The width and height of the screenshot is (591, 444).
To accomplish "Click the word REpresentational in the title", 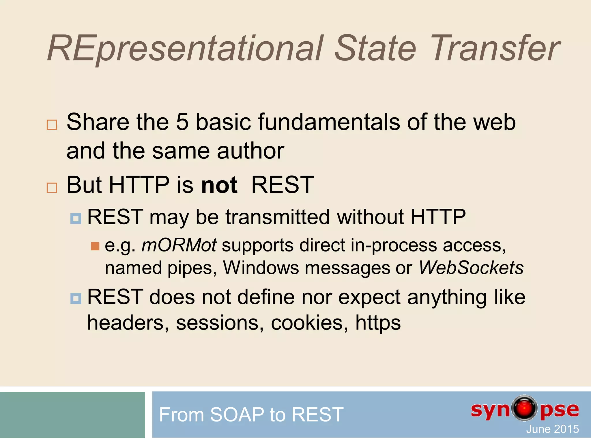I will pyautogui.click(x=185, y=49).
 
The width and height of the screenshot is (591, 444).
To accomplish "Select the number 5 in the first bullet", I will pyautogui.click(x=182, y=122).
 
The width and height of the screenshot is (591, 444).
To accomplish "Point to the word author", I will pyautogui.click(x=250, y=151).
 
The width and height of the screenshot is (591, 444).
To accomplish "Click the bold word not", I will pyautogui.click(x=219, y=185).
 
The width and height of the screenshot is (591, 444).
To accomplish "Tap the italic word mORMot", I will pyautogui.click(x=179, y=245).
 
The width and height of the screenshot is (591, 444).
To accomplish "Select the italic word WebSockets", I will pyautogui.click(x=471, y=268).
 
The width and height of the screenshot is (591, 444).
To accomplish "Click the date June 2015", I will pyautogui.click(x=552, y=429).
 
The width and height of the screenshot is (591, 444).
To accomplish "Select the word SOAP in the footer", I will pyautogui.click(x=237, y=415).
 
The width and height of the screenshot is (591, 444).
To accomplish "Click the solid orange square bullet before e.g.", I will pyautogui.click(x=95, y=246).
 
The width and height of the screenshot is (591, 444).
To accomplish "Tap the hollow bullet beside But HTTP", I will pyautogui.click(x=52, y=188).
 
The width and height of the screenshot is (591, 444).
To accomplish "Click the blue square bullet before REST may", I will pyautogui.click(x=76, y=219).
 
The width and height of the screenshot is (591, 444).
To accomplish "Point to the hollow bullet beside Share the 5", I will pyautogui.click(x=52, y=125).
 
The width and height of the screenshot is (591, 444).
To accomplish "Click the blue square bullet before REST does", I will pyautogui.click(x=76, y=298).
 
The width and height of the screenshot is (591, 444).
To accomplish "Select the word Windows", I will pyautogui.click(x=261, y=268).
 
